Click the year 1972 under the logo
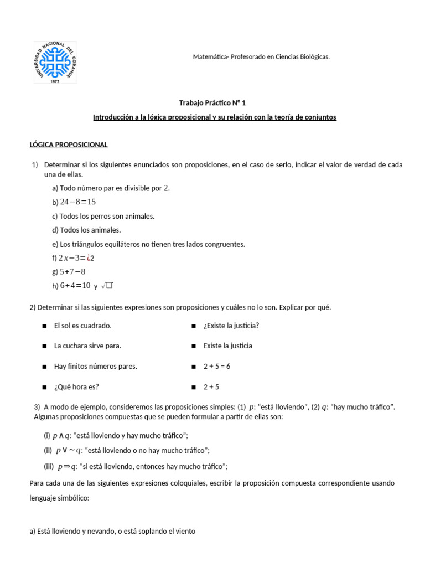pos(55,81)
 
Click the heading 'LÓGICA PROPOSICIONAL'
pos(69,145)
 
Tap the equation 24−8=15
pos(78,202)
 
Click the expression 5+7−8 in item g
pos(73,271)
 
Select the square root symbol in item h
pos(107,286)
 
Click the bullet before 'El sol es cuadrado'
pos(44,326)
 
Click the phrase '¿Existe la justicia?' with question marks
pos(231,326)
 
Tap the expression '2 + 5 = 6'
pos(216,366)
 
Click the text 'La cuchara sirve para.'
pos(87,346)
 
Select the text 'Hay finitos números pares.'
pos(95,366)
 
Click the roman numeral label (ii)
pos(48,450)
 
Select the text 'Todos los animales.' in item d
pos(90,230)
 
